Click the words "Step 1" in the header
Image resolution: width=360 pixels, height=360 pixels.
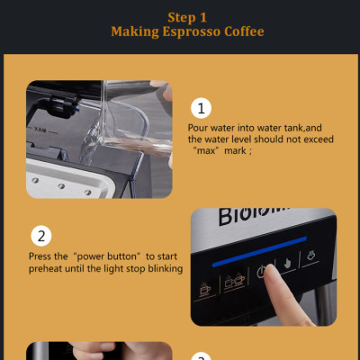coord(187,16)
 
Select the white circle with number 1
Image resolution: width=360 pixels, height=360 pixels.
coord(202,108)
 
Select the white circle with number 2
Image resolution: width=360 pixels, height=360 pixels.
coord(41,237)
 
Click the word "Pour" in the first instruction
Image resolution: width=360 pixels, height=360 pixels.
coord(197,128)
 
